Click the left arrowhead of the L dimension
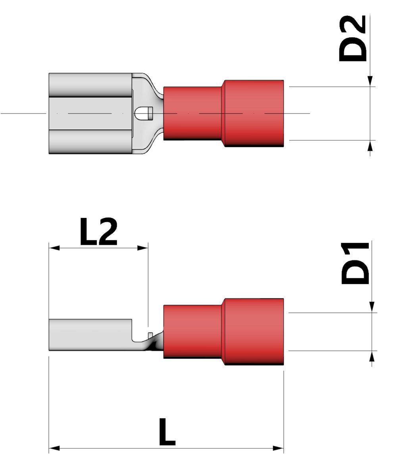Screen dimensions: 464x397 (x=54, y=448)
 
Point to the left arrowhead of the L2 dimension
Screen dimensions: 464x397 (x=54, y=248)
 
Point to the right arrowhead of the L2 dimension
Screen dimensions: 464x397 (x=143, y=248)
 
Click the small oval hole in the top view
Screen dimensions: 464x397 (x=143, y=114)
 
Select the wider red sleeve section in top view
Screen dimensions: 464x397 (x=254, y=113)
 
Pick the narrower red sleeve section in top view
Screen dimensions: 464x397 (x=193, y=113)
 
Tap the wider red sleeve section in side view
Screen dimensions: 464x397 (x=254, y=331)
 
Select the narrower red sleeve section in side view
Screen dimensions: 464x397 (x=193, y=331)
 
